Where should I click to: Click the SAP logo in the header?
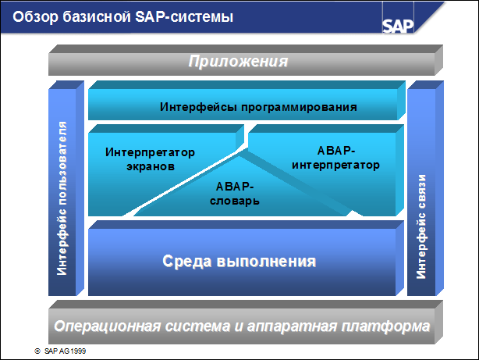click(x=400, y=21)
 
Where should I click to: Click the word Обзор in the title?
click(x=32, y=16)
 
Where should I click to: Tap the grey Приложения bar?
click(x=242, y=61)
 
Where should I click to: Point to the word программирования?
click(x=294, y=106)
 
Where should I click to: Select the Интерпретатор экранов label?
click(x=150, y=159)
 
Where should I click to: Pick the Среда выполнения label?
click(x=239, y=261)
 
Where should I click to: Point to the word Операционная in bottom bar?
click(x=105, y=323)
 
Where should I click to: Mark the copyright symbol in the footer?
click(x=37, y=351)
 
